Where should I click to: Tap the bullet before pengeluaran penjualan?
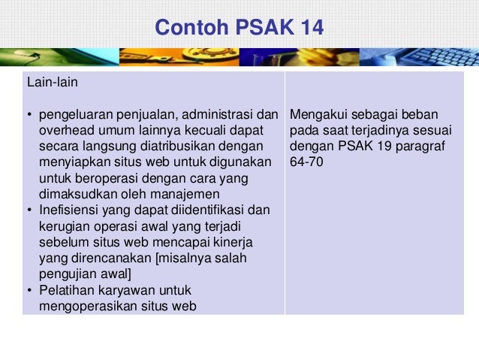tap(29, 116)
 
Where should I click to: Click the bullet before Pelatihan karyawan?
tap(29, 290)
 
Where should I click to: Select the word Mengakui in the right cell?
tap(316, 116)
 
